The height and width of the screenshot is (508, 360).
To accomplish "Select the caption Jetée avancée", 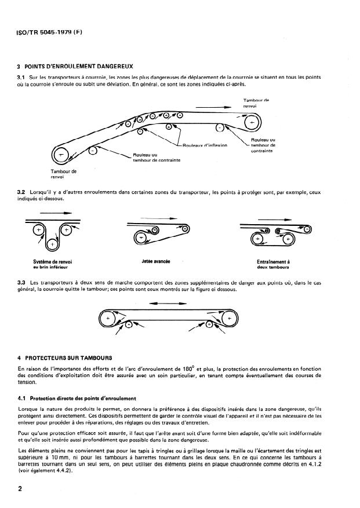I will (x=155, y=262).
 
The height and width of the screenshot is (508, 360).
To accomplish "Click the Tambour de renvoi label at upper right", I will (x=253, y=104).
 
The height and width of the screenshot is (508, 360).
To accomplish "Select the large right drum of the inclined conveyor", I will (x=252, y=123).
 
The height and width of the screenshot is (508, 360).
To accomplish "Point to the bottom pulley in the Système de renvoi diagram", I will (x=52, y=244).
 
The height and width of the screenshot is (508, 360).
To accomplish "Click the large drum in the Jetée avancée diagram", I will (x=140, y=236).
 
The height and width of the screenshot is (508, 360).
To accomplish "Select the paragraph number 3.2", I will (x=22, y=191).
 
